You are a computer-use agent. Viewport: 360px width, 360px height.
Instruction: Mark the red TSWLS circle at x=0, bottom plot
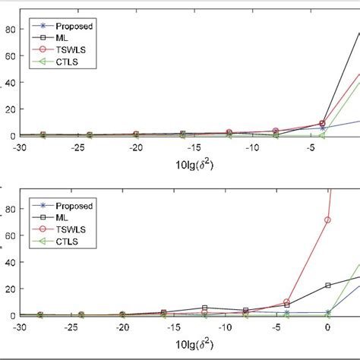[x=328, y=220]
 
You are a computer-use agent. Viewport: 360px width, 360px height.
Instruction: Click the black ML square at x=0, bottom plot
[x=328, y=286]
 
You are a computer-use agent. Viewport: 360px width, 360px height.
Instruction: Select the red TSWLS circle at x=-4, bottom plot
[x=286, y=302]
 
